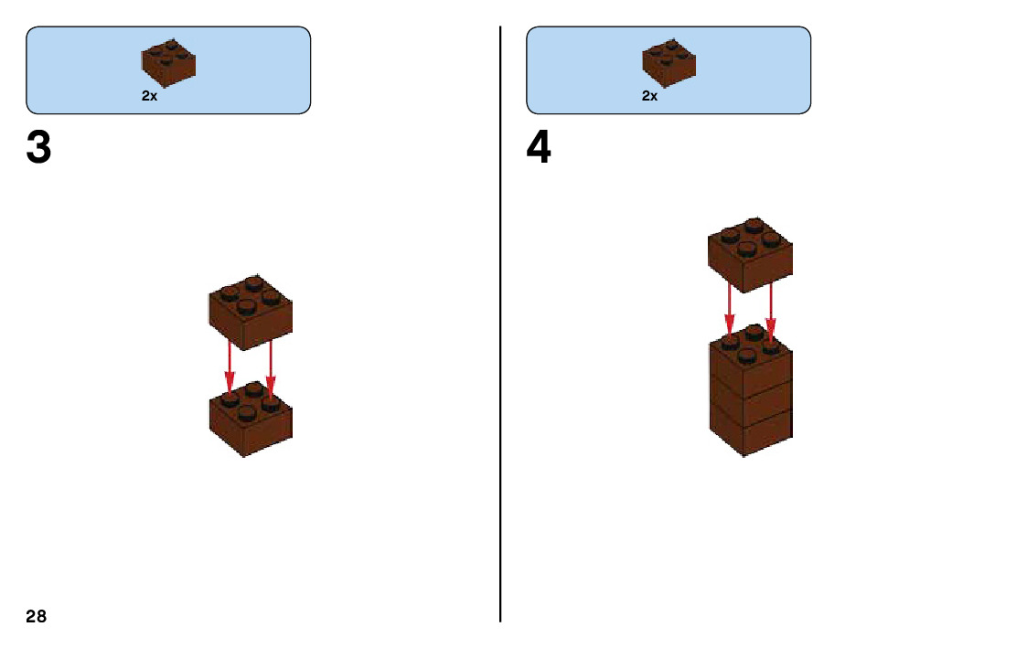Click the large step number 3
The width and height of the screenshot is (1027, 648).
point(38,148)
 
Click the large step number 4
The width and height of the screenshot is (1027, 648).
point(539,148)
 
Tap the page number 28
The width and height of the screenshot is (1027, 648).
point(36,616)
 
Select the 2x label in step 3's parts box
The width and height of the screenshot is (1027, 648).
point(149,96)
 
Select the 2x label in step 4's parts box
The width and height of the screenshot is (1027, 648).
point(649,96)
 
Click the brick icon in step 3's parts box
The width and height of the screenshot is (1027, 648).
point(168,62)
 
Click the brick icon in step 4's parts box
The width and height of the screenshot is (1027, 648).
point(669,62)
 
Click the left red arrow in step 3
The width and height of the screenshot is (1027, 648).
point(230,370)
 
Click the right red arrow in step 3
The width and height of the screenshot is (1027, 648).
point(271,370)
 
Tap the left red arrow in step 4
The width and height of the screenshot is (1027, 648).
point(729,311)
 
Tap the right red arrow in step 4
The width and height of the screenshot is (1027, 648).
point(771,311)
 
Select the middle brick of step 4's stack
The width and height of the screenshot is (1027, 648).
point(750,402)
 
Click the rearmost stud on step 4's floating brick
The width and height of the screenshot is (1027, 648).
point(753,223)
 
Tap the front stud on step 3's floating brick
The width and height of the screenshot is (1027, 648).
point(247,306)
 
